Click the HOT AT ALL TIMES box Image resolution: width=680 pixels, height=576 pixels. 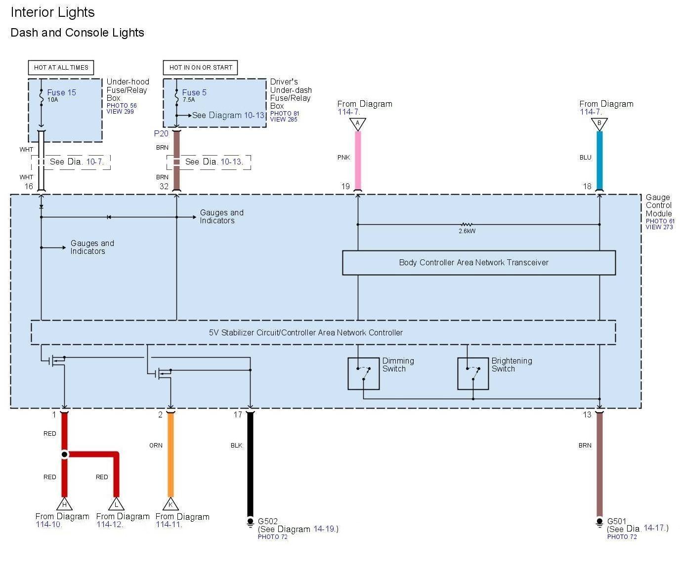pos(61,68)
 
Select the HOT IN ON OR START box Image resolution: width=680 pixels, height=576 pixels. pos(200,68)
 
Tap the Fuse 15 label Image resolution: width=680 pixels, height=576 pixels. pos(61,92)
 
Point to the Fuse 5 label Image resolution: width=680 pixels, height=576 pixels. pos(194,92)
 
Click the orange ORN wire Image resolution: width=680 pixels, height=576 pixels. pos(170,454)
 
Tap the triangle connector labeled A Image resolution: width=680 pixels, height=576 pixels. pos(357,123)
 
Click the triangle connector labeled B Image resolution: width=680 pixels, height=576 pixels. pos(599,123)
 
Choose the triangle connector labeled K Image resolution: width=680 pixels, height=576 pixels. pos(170,504)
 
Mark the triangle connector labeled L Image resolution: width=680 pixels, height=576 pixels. pos(117,504)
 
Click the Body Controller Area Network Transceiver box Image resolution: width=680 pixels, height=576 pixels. pos(478,262)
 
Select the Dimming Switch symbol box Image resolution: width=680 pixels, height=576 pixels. pos(363,373)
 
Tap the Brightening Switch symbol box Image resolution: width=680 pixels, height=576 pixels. pos(473,373)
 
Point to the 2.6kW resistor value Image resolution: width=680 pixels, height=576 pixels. pos(467,231)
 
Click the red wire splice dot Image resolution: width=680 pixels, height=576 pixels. pos(64,454)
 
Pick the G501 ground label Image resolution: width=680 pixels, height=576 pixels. pos(616,521)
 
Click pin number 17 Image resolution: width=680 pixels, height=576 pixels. pos(238,414)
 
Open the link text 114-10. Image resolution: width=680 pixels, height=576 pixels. pos(48,524)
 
